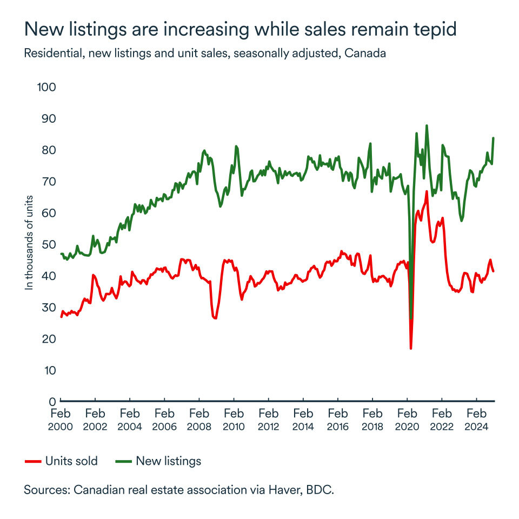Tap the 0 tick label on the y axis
tap(52, 402)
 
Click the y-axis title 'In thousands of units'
tap(30, 242)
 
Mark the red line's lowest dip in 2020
tap(411, 348)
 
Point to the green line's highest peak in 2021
tap(427, 125)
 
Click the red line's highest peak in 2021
tap(427, 191)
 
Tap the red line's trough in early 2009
tap(215, 318)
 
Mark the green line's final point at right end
tap(494, 138)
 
